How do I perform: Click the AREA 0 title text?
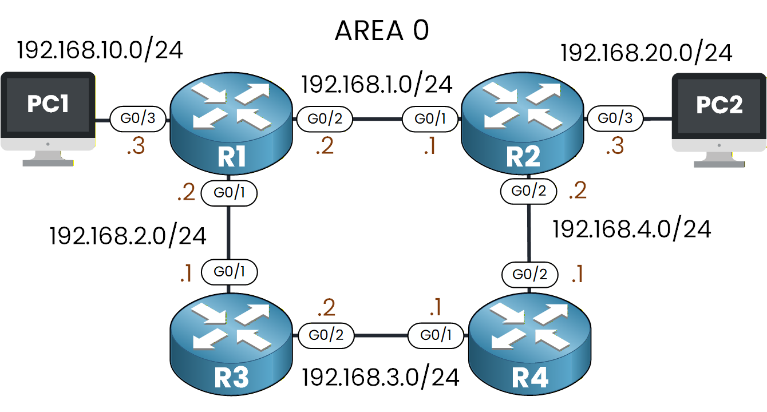[381, 31]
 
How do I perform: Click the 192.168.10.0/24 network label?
[100, 50]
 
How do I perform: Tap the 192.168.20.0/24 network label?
[646, 53]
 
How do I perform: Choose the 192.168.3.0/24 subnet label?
[381, 377]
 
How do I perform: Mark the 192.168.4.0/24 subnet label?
[631, 229]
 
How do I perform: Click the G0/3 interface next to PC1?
[137, 120]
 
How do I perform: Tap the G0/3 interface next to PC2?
[615, 119]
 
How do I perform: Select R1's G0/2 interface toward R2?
[324, 120]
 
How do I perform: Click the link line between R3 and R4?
[381, 335]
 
